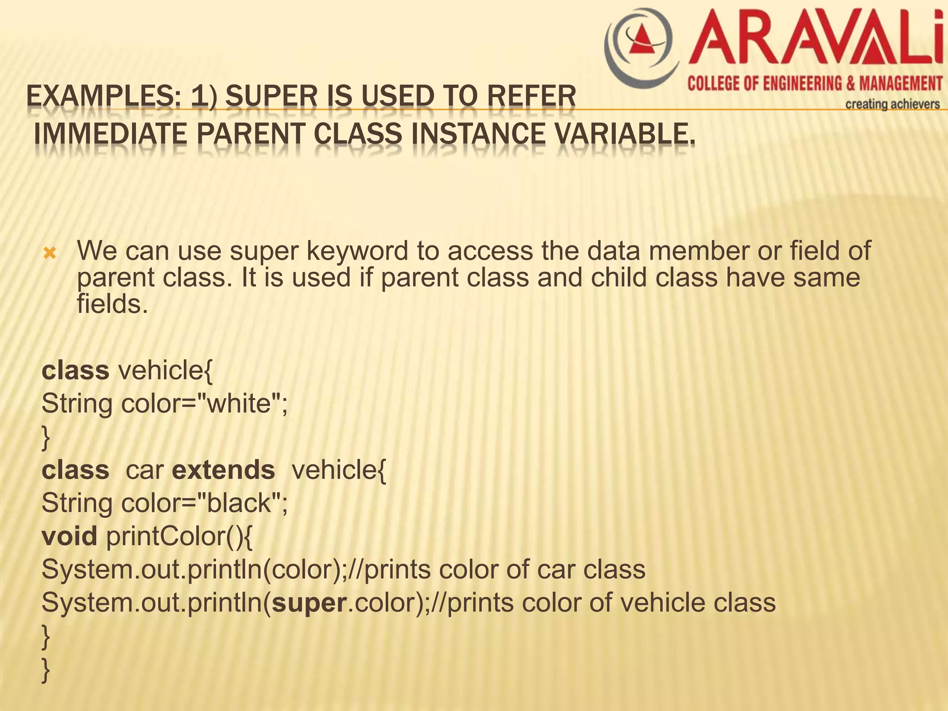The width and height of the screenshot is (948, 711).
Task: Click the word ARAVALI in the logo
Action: [x=815, y=39]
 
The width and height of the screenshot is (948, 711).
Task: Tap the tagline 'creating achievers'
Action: [x=892, y=104]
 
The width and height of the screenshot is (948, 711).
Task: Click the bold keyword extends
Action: [x=223, y=470]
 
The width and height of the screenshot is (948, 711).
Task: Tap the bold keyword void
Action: [x=69, y=536]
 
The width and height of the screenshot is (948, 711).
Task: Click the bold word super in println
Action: [x=309, y=603]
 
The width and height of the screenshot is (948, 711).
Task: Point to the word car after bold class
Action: [x=144, y=470]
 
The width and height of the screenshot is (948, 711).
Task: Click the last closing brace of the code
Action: [x=45, y=670]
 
